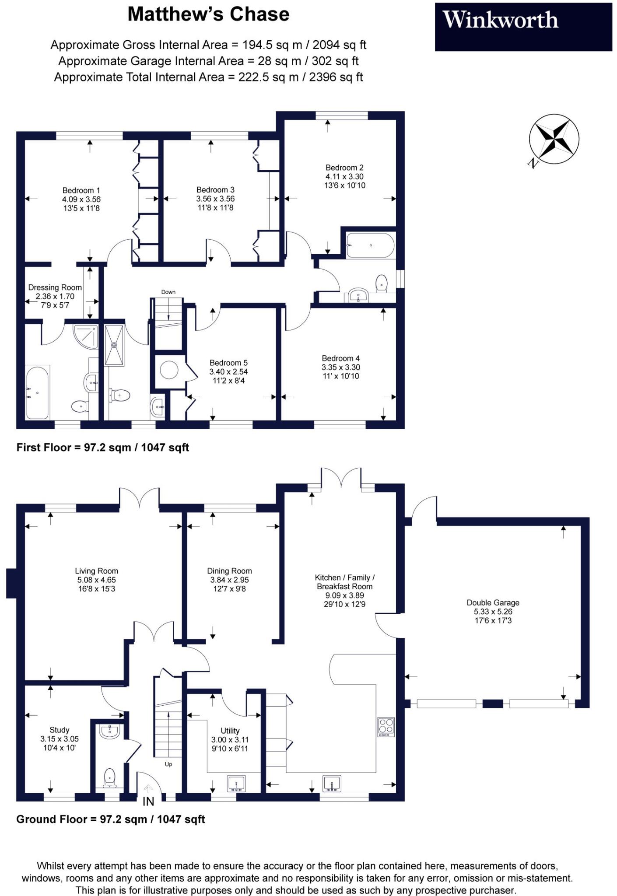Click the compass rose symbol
pos(554,139)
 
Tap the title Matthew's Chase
pos(208,14)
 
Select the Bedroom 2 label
pos(344,168)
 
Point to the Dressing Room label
pos(55,287)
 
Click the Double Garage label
pos(493,602)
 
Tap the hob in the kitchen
pos(386,727)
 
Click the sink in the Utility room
pos(237,783)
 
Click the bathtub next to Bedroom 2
pos(370,245)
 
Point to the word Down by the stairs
pos(168,292)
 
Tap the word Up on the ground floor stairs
pos(168,764)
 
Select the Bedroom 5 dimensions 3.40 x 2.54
pos(228,371)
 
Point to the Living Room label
pos(96,571)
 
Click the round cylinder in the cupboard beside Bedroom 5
pos(169,370)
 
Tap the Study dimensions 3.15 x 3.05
pos(60,738)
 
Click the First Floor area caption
pos(103,448)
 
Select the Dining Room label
pos(229,571)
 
